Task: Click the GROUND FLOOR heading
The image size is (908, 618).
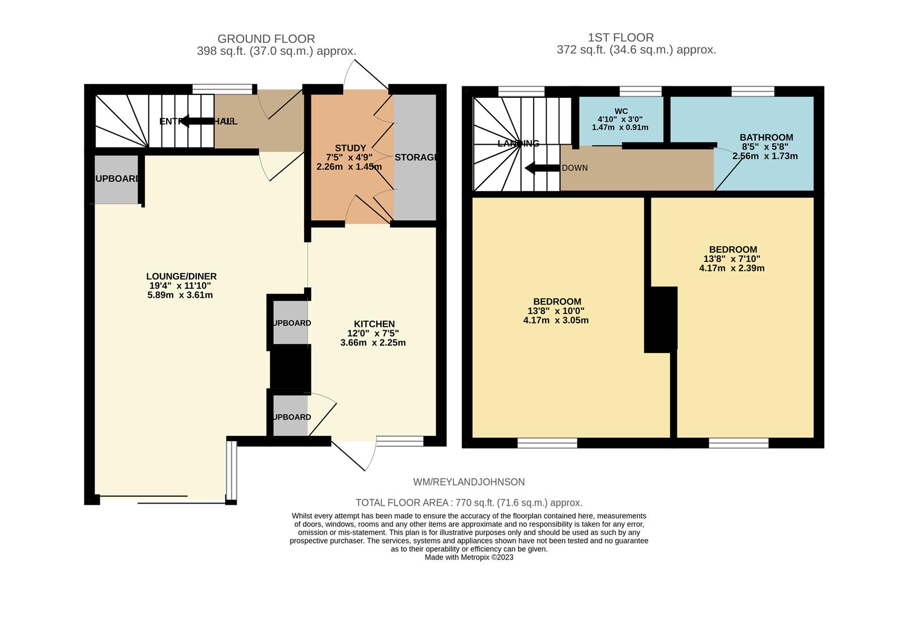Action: [x=266, y=39]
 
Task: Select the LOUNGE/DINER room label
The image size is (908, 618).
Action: [x=181, y=276]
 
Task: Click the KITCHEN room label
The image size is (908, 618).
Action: [x=374, y=324]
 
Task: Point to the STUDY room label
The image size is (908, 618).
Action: [x=350, y=148]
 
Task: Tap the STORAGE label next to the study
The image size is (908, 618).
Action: [x=415, y=157]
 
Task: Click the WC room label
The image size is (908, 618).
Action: [x=621, y=111]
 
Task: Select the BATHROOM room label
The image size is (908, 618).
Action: [x=766, y=137]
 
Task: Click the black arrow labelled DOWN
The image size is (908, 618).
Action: [x=542, y=168]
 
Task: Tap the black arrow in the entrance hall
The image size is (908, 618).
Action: [x=198, y=121]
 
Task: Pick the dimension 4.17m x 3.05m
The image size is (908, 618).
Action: [x=555, y=320]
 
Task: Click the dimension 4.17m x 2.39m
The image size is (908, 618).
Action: [x=732, y=268]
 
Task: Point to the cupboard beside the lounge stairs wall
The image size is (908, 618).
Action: [x=116, y=179]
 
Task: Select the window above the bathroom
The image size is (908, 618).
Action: [x=752, y=91]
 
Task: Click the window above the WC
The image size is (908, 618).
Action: [x=640, y=91]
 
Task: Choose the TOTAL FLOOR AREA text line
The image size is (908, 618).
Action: [x=468, y=502]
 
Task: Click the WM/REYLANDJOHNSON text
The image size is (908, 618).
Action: [x=468, y=482]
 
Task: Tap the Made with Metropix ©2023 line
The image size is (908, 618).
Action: [x=468, y=557]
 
